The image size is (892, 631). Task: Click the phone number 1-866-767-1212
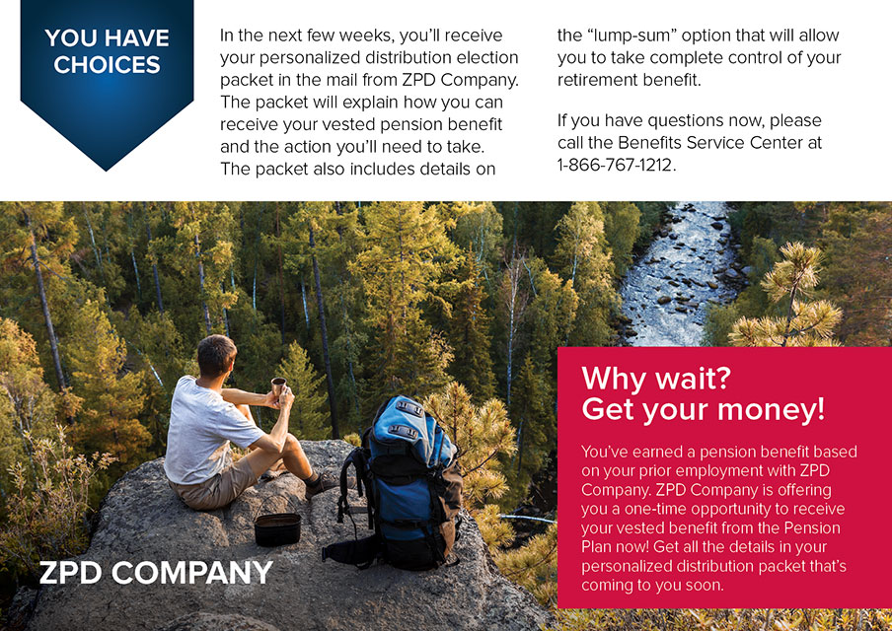point(616,165)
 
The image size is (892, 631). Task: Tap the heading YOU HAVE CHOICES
point(107,51)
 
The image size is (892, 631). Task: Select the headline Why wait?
point(656,378)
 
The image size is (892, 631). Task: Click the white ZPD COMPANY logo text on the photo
point(156,572)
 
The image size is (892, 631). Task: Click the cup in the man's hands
point(278,386)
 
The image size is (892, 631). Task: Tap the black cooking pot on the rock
point(277,529)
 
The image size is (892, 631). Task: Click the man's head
point(216,356)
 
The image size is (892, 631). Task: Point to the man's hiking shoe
point(322,484)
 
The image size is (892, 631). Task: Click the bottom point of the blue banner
point(106,170)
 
